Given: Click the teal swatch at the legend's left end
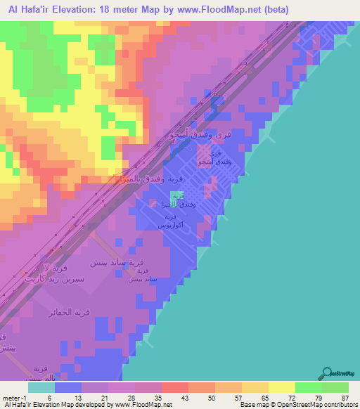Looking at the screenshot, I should coord(41,387).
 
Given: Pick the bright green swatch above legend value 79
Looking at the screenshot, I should coord(309,387).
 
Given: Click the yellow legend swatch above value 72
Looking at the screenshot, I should coord(282,387).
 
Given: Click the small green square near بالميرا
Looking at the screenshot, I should coord(176,194).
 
